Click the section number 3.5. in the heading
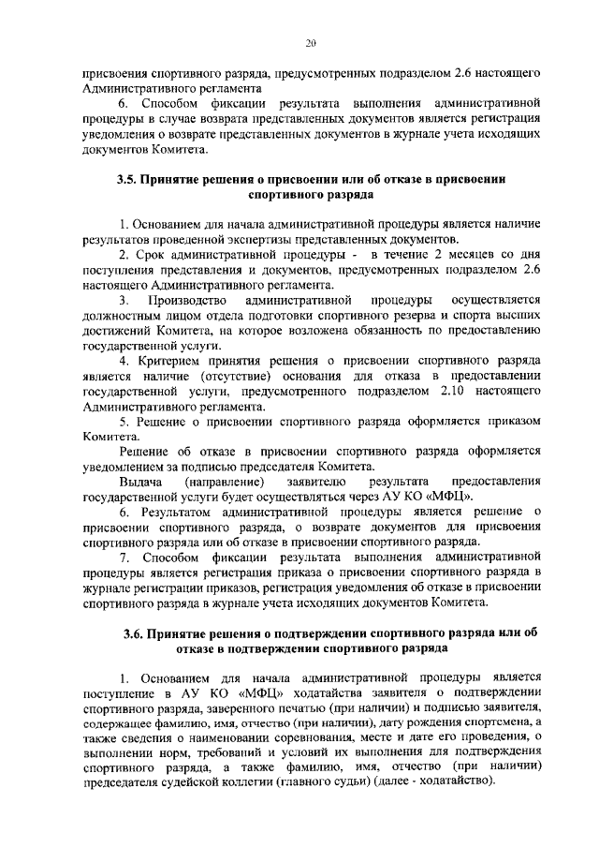[x=128, y=182]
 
